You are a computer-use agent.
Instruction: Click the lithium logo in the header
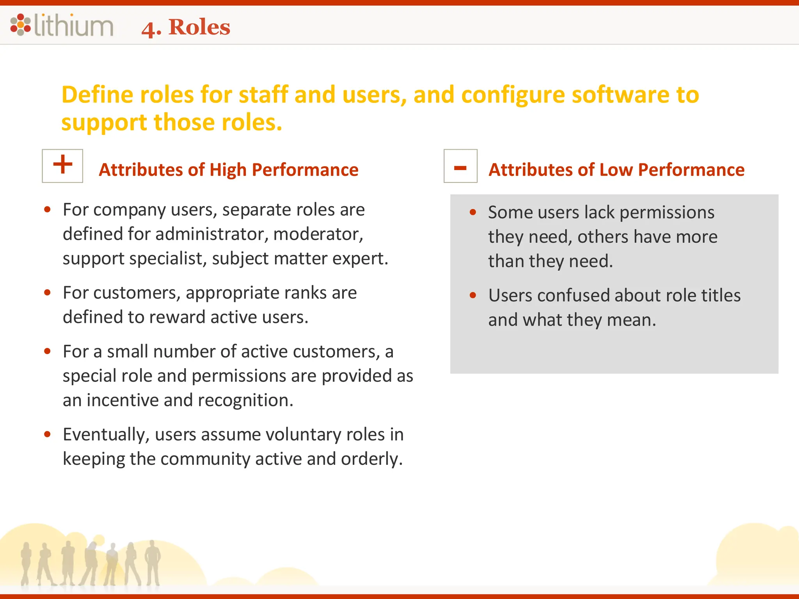[x=62, y=25]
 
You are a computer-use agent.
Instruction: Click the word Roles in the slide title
[x=199, y=27]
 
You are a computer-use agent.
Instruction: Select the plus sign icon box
[x=62, y=165]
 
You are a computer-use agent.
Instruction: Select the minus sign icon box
[x=460, y=166]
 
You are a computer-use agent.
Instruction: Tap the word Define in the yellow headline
[x=98, y=95]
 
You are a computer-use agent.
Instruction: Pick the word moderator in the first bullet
[x=318, y=234]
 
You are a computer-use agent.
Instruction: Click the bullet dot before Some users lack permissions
[x=473, y=213]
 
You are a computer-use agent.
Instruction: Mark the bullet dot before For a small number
[x=48, y=351]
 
